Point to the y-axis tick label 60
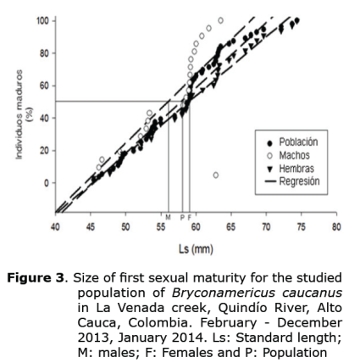(43, 85)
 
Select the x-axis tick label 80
(335, 227)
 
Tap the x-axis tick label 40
(55, 227)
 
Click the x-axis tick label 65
(230, 227)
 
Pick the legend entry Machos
(294, 155)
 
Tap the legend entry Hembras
(296, 168)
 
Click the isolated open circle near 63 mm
(216, 175)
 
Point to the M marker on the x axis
(168, 217)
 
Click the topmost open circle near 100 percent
(221, 20)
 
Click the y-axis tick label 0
(47, 183)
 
